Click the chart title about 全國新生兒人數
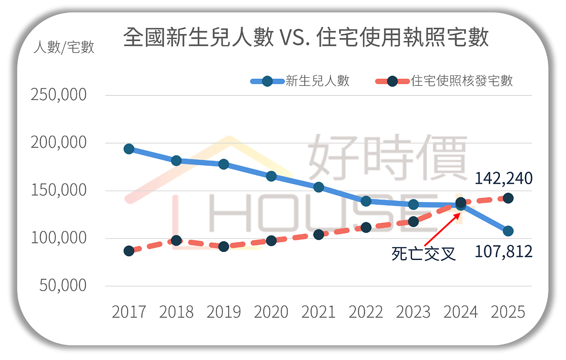tap(306, 38)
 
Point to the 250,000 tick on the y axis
tap(59, 94)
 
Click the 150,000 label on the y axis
tap(59, 190)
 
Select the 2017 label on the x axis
tap(129, 312)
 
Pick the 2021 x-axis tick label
tap(318, 312)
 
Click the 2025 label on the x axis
tap(508, 312)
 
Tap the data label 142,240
tap(503, 178)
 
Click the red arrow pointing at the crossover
tap(441, 229)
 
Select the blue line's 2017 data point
tap(129, 149)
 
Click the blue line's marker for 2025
tap(508, 231)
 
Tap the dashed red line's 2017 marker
tap(129, 251)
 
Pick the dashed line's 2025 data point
tap(508, 198)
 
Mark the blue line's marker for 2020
tap(271, 176)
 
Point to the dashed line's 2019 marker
tap(224, 246)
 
